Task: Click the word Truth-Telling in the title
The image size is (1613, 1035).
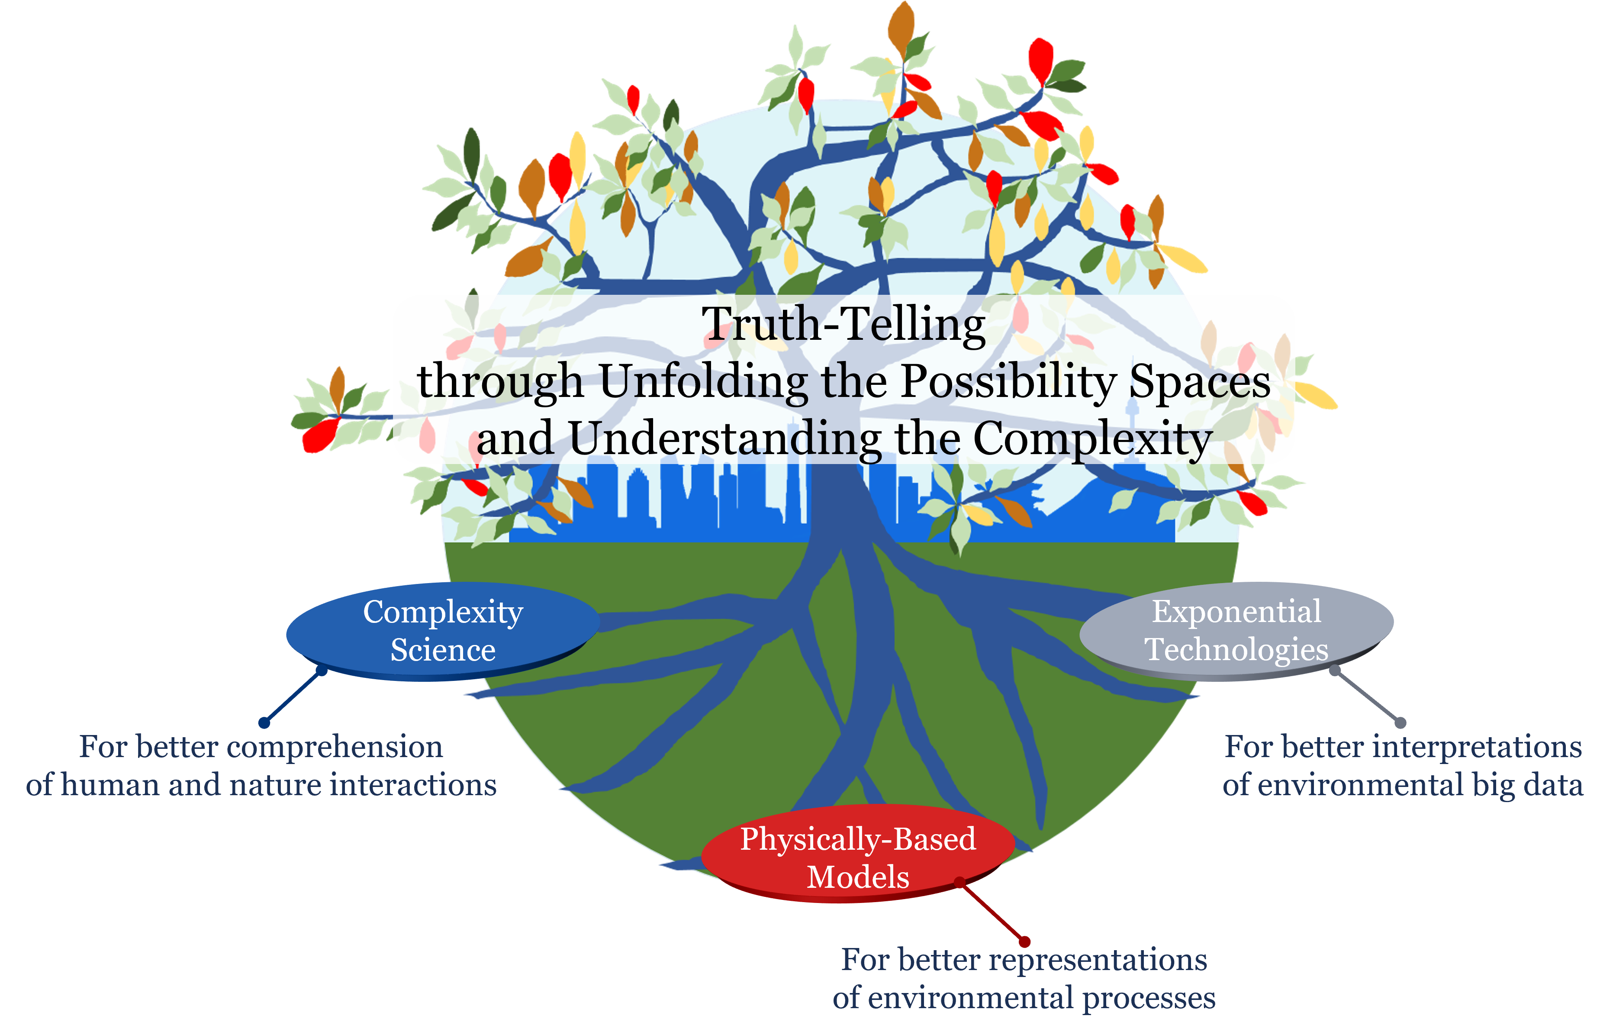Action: click(x=843, y=325)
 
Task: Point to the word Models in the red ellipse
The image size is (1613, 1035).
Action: click(x=858, y=877)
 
